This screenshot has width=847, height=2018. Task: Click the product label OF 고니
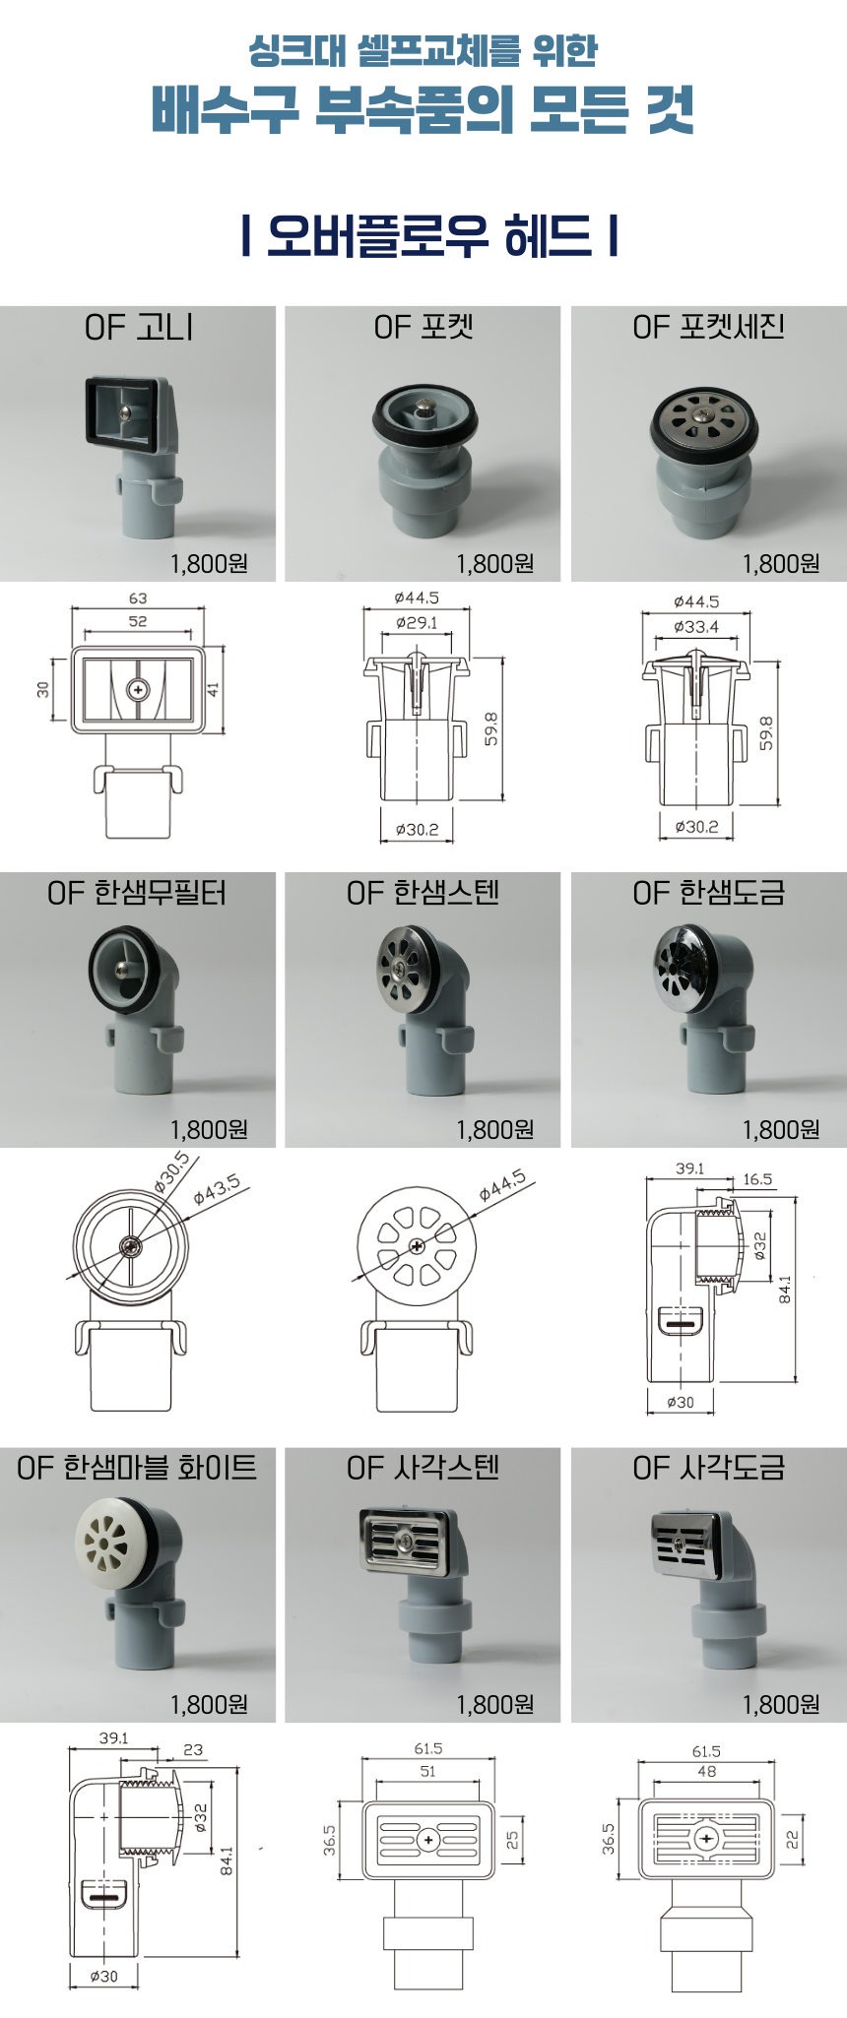point(139,328)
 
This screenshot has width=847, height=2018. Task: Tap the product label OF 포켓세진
point(708,328)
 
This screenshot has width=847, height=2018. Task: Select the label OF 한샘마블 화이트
point(137,1468)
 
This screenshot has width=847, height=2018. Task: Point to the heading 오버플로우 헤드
point(429,236)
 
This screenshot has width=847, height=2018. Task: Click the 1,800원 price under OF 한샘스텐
point(494,1129)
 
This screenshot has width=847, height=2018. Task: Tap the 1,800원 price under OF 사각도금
point(781,1704)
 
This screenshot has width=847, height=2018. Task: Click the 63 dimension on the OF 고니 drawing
point(138,599)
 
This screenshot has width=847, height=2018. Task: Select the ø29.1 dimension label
point(417,622)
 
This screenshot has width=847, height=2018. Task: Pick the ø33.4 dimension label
point(696,626)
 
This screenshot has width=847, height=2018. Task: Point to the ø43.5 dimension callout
point(217,1190)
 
